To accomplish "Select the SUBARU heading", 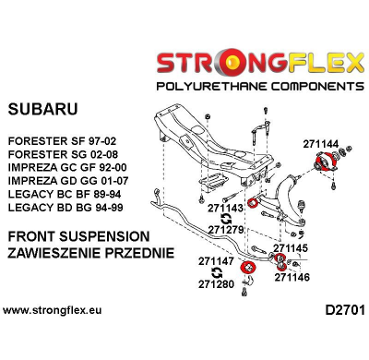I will click(43, 109).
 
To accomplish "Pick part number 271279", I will click(225, 229).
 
